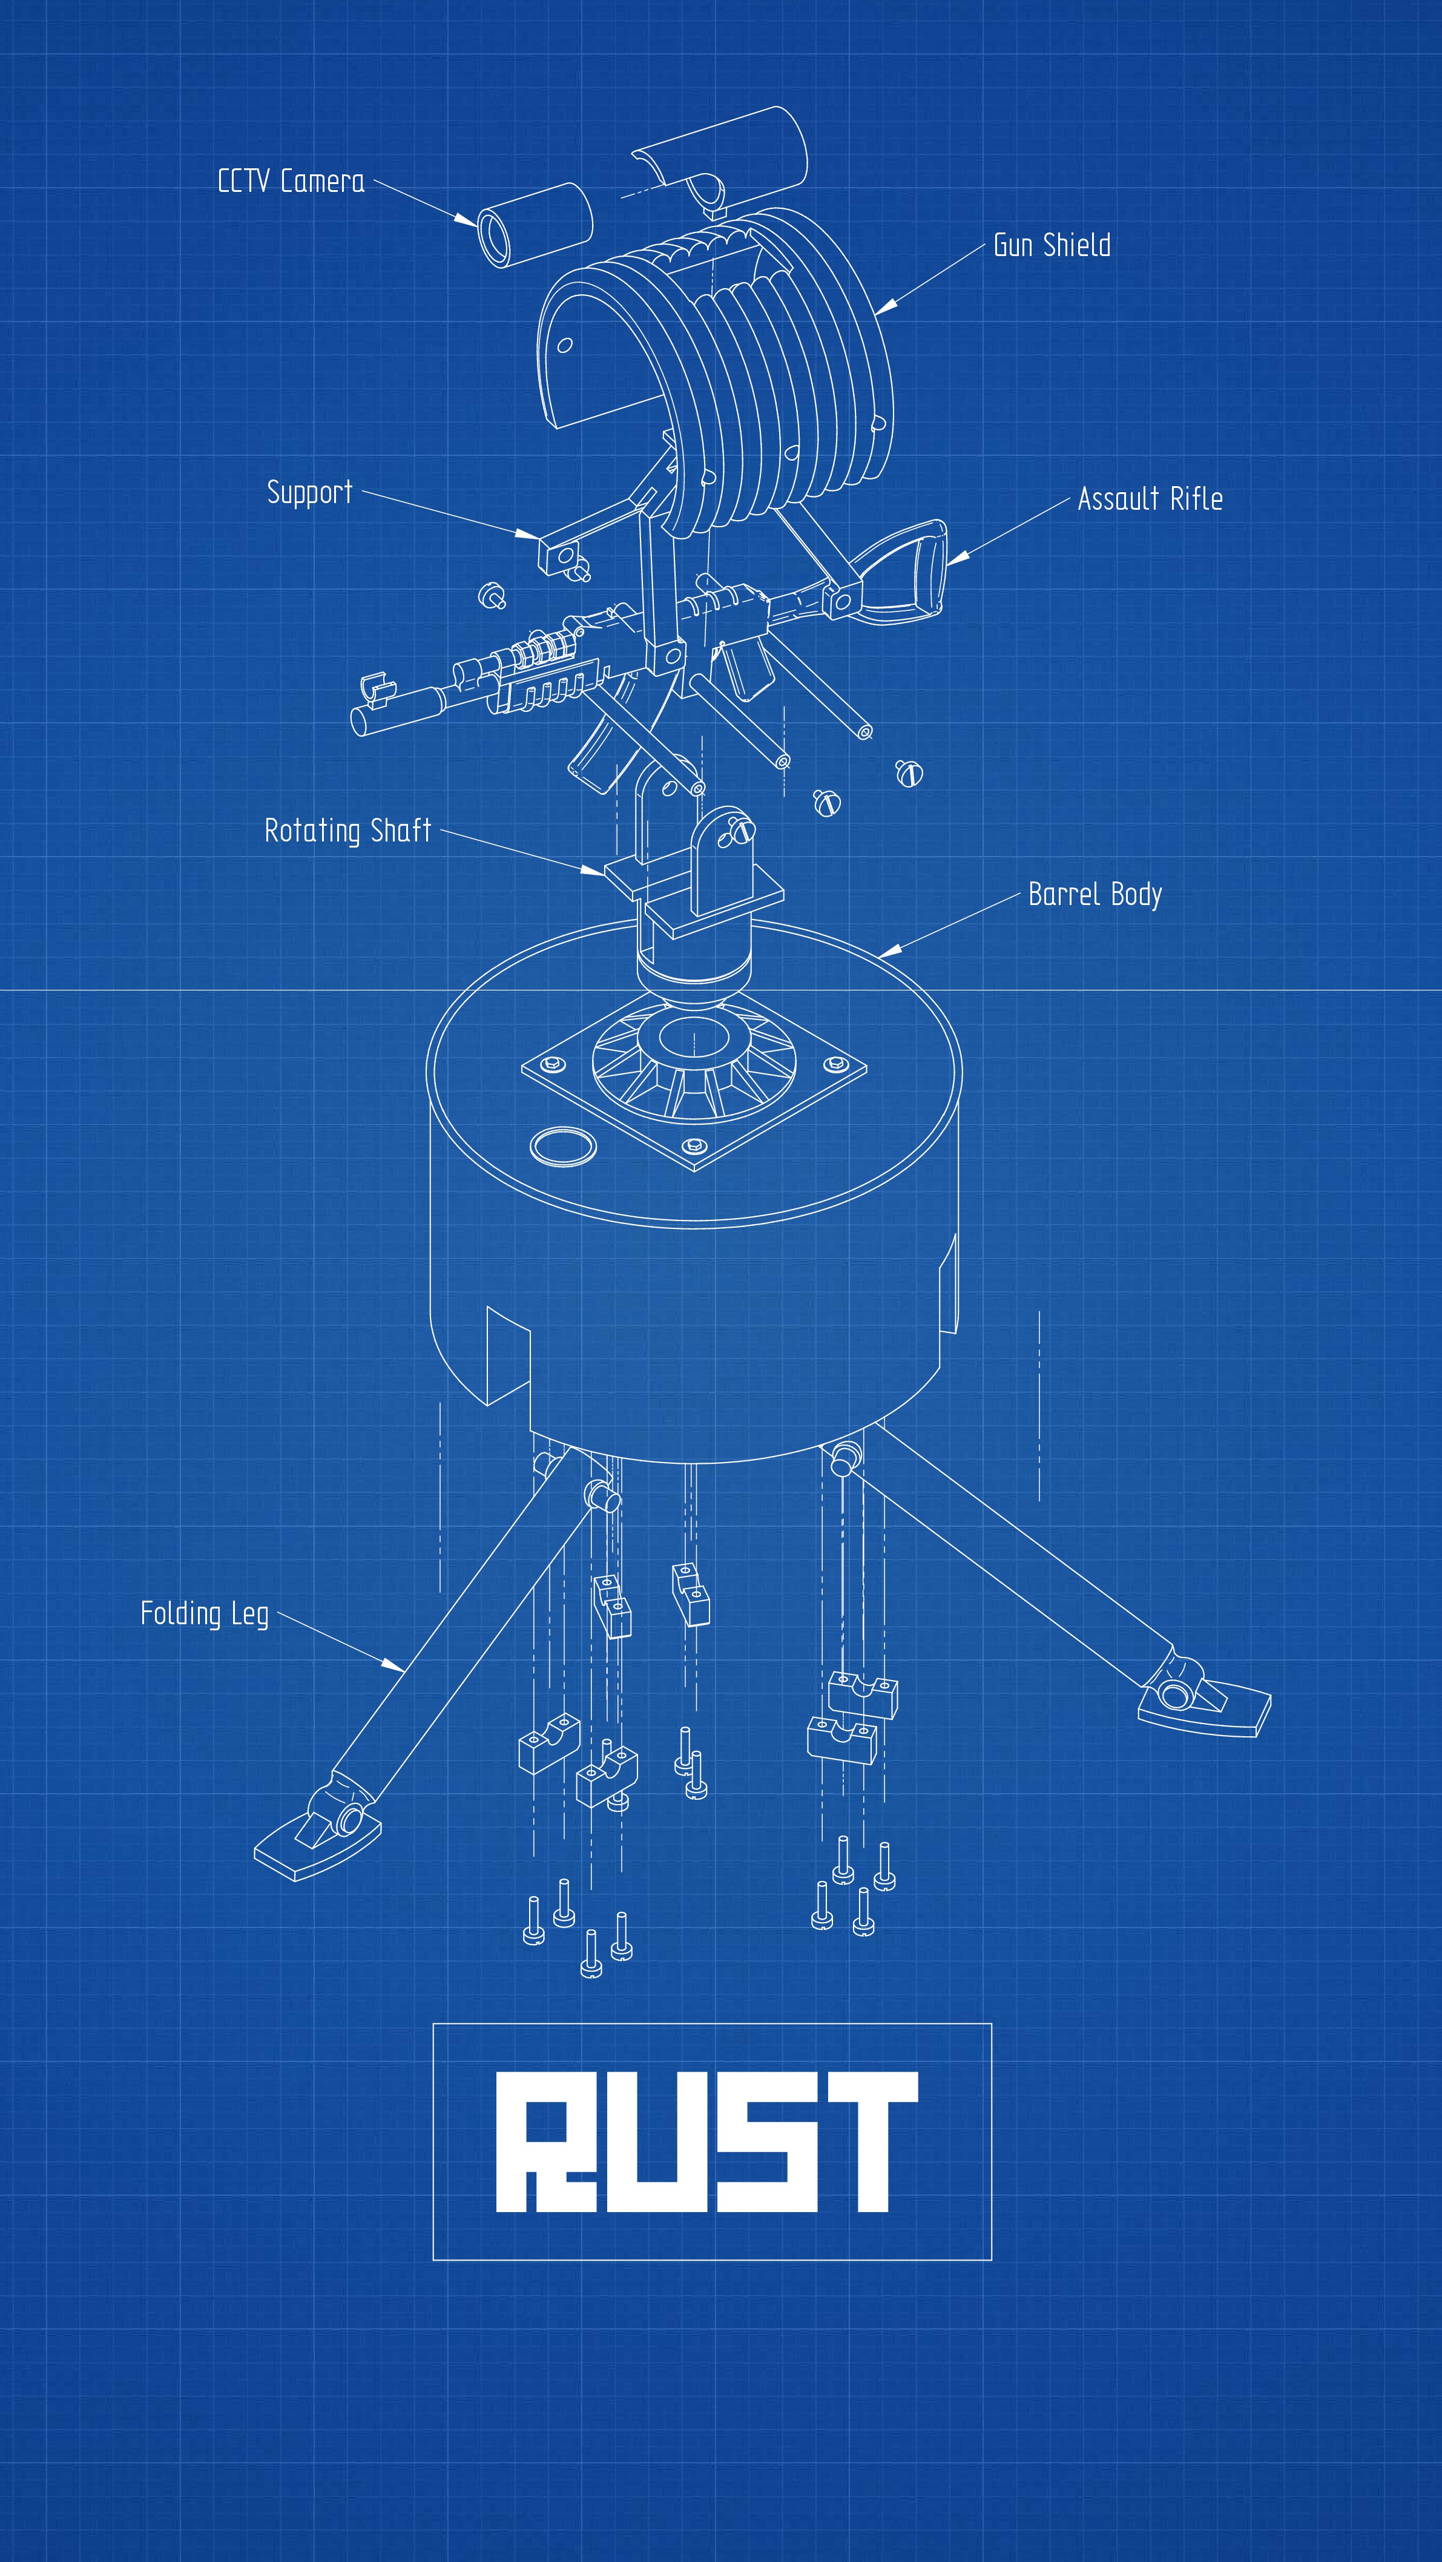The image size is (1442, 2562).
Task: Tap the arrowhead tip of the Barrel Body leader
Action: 878,957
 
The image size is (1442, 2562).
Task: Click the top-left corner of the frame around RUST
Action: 433,2024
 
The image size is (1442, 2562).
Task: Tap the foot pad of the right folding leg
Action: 1204,1707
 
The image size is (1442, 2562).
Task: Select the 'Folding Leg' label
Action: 205,1614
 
